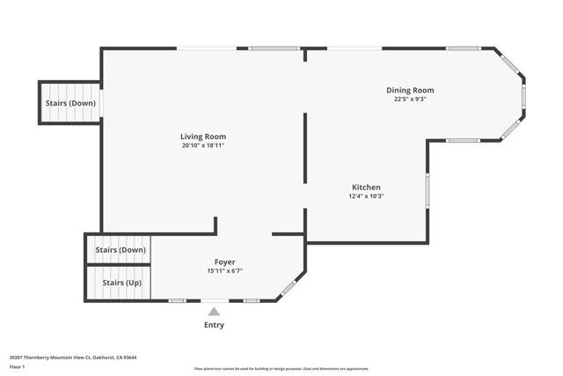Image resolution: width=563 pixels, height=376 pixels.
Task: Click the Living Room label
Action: click(x=203, y=136)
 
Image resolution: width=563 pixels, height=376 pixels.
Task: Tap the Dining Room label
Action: click(x=410, y=90)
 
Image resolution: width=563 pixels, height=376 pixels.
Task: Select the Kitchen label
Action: click(x=366, y=188)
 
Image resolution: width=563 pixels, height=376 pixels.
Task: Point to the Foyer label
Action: click(x=224, y=262)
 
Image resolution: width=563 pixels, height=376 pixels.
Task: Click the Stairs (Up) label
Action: click(x=121, y=283)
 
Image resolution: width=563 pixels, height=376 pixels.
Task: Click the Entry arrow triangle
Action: click(x=214, y=310)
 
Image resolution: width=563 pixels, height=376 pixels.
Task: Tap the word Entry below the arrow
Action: click(x=214, y=325)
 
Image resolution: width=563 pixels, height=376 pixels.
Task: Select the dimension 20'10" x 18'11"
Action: click(x=203, y=145)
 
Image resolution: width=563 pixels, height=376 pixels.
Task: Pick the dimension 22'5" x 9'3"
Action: click(x=410, y=99)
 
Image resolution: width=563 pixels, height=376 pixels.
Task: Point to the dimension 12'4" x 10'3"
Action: click(x=366, y=195)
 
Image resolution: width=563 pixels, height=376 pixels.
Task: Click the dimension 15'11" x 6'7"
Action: click(x=224, y=271)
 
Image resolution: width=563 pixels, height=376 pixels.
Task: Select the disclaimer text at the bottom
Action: click(x=281, y=369)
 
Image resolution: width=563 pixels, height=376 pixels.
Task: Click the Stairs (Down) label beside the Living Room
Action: click(x=70, y=103)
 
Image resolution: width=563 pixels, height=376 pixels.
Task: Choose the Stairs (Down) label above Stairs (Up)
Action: click(x=120, y=250)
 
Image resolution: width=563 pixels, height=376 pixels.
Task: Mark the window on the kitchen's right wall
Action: click(x=428, y=189)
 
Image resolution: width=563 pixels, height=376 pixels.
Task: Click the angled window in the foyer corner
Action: click(x=288, y=288)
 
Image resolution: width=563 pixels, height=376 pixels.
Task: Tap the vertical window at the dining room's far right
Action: click(x=523, y=94)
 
